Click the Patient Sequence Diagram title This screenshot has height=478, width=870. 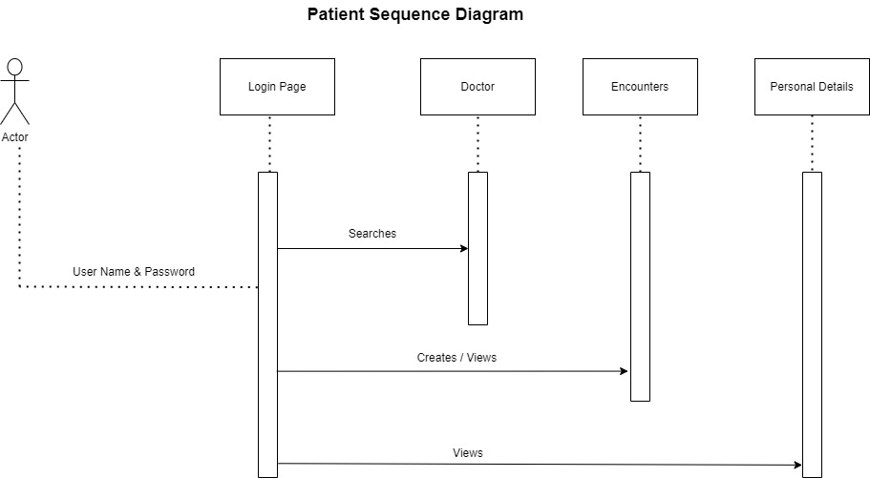tap(414, 15)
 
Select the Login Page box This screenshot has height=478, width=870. tap(277, 87)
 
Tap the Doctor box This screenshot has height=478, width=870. tap(477, 87)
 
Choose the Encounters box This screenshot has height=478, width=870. tap(640, 87)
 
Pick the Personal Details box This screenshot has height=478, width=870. tap(812, 87)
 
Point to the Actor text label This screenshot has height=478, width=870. tap(15, 137)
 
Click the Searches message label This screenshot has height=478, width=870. tap(371, 234)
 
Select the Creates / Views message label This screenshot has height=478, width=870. tap(456, 358)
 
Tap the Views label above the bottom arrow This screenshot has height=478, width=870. tap(468, 453)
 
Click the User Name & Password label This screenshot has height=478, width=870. tap(134, 272)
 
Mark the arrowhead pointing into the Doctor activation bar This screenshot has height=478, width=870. tap(464, 249)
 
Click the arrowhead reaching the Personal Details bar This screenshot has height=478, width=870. tap(797, 466)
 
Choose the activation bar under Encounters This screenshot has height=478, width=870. tap(640, 286)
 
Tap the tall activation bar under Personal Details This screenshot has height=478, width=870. tap(812, 324)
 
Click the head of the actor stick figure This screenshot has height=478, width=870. tap(14, 68)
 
